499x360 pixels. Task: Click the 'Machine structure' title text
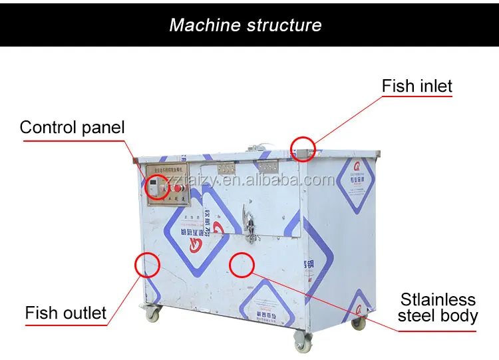(x=246, y=25)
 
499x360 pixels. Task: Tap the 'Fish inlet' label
(x=416, y=87)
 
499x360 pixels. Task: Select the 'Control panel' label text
(x=72, y=127)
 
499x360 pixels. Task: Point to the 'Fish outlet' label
(x=66, y=313)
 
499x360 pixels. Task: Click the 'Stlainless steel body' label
(x=438, y=308)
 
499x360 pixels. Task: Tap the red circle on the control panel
(x=158, y=187)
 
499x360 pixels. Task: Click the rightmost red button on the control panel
(x=178, y=188)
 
